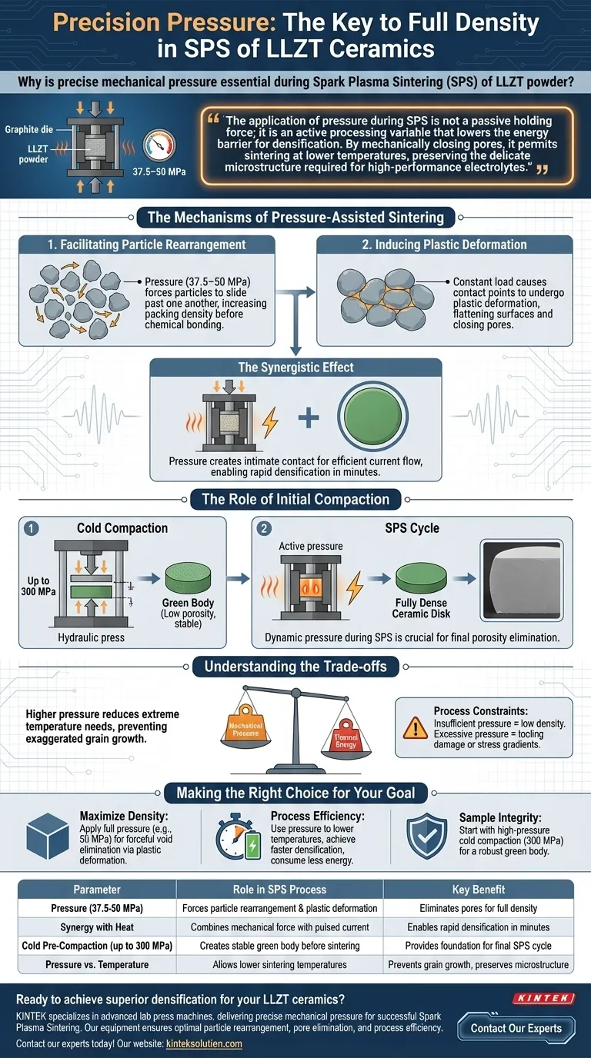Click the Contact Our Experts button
[516, 1027]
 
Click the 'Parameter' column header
[96, 890]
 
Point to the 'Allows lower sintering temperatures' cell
[295, 964]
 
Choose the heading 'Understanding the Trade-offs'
[295, 665]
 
